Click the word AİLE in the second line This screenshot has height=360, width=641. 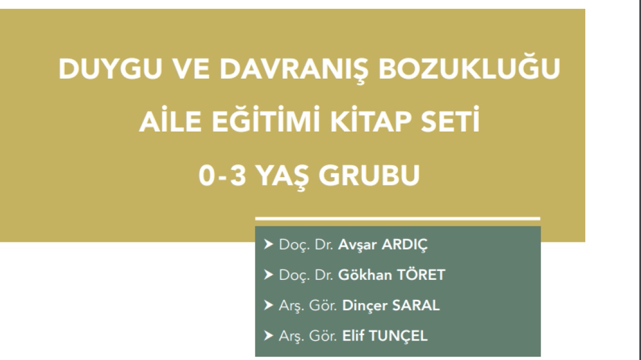click(x=170, y=120)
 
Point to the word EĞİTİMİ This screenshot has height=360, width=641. click(x=265, y=120)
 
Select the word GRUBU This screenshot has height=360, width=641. click(x=369, y=176)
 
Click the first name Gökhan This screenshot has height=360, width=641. click(x=365, y=275)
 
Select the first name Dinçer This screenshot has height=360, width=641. click(x=365, y=305)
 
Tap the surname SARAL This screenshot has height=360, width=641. click(x=416, y=305)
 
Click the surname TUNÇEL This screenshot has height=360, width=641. click(x=398, y=336)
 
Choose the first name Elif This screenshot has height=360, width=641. click(x=353, y=335)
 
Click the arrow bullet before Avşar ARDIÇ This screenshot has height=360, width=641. click(x=269, y=244)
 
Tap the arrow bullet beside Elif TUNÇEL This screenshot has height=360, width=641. click(x=269, y=335)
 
